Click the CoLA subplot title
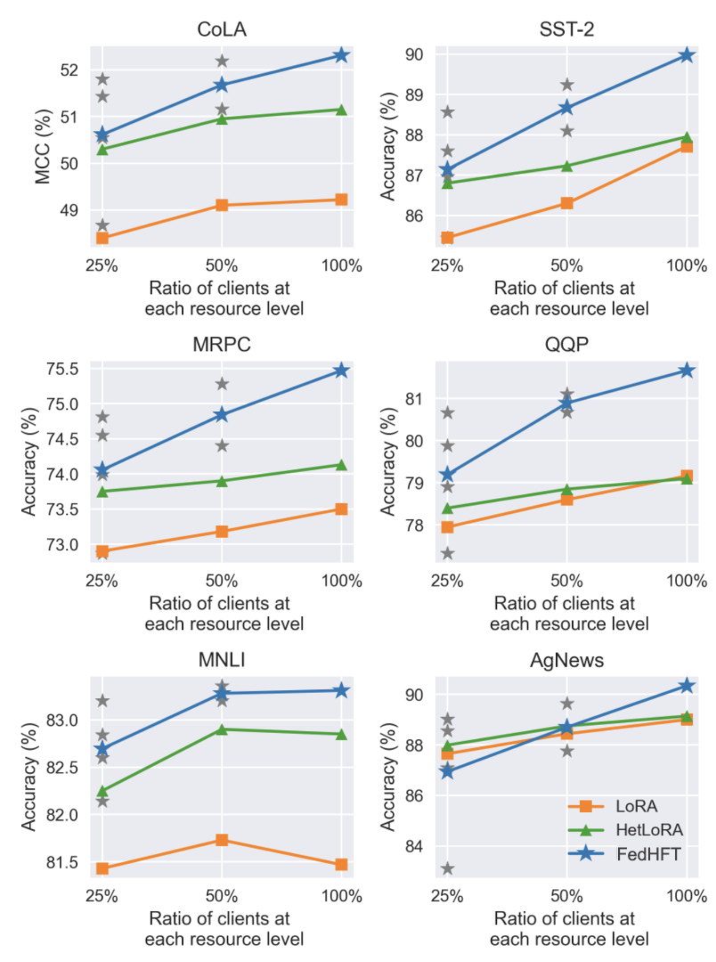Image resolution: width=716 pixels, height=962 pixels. point(222,30)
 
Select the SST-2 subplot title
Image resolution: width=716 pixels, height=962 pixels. point(567,30)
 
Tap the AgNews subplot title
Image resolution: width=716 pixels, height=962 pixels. point(567,660)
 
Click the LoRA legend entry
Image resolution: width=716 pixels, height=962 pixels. point(637,806)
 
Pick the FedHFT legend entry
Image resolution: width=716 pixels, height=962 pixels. point(646,854)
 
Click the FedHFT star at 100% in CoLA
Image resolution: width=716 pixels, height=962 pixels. point(341,55)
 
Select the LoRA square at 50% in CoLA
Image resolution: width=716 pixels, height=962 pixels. point(222,205)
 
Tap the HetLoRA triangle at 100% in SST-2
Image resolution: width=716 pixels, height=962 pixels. point(687,137)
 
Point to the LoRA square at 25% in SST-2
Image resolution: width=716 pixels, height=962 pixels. point(448,238)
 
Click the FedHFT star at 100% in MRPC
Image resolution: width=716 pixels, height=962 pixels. point(341,371)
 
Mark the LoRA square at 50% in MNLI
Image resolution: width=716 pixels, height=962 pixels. point(222,840)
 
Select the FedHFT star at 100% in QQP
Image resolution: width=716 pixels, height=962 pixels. point(687,370)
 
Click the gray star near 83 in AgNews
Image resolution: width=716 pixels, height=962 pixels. point(448,868)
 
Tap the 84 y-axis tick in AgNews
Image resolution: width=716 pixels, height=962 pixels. point(414,846)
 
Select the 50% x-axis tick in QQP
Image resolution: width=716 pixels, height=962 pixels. point(567,582)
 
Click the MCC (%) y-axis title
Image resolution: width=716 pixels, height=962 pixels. point(43,146)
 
